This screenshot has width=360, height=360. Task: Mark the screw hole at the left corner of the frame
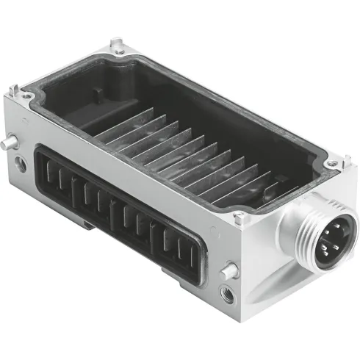click(26, 96)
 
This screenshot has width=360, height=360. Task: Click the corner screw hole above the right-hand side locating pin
click(239, 217)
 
